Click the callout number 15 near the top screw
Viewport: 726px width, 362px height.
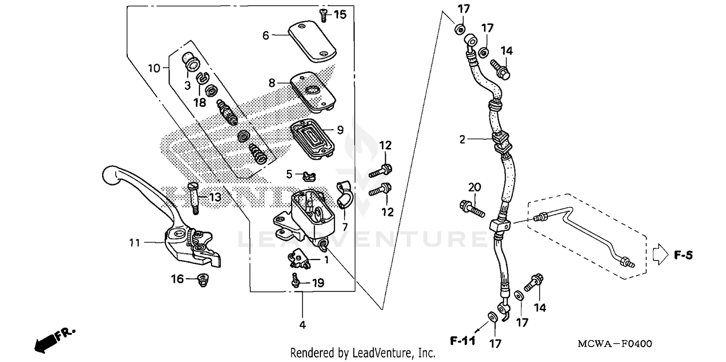pyautogui.click(x=340, y=14)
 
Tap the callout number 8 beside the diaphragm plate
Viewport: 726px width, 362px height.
pyautogui.click(x=272, y=83)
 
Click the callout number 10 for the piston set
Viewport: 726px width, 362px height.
pyautogui.click(x=154, y=68)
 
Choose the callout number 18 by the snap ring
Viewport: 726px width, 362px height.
pyautogui.click(x=200, y=102)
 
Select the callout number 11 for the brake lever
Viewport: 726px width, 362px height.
pyautogui.click(x=135, y=242)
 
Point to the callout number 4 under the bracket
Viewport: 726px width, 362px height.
pyautogui.click(x=302, y=325)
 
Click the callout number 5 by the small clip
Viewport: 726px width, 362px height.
pyautogui.click(x=289, y=174)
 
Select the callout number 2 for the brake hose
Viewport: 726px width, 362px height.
pyautogui.click(x=462, y=140)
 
